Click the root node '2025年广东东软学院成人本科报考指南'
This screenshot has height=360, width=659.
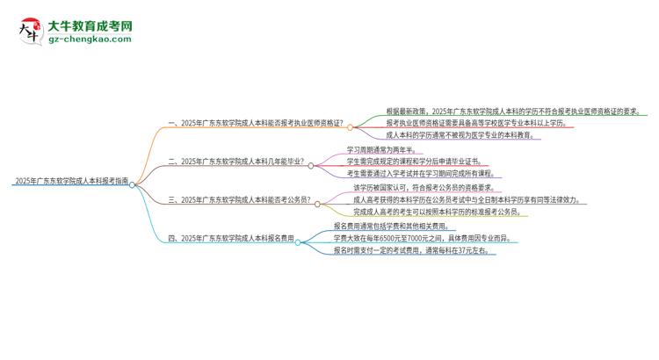tap(71, 180)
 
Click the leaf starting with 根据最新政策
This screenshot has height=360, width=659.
tap(511, 112)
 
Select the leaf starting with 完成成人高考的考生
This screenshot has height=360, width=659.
tap(449, 212)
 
